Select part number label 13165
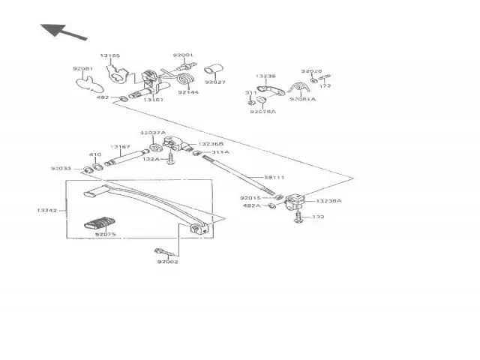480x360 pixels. tap(109, 55)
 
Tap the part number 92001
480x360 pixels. tap(182, 55)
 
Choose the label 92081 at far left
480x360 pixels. tap(82, 69)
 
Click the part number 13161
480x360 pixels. tap(154, 99)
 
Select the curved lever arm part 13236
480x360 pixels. tap(270, 91)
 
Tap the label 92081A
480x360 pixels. tap(303, 98)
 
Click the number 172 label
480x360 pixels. tap(325, 86)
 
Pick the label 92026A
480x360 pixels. tap(263, 111)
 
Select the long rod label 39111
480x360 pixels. tap(274, 177)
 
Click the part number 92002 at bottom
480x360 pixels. tap(168, 262)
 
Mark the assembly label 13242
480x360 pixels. tap(46, 211)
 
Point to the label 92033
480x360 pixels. tap(61, 169)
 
